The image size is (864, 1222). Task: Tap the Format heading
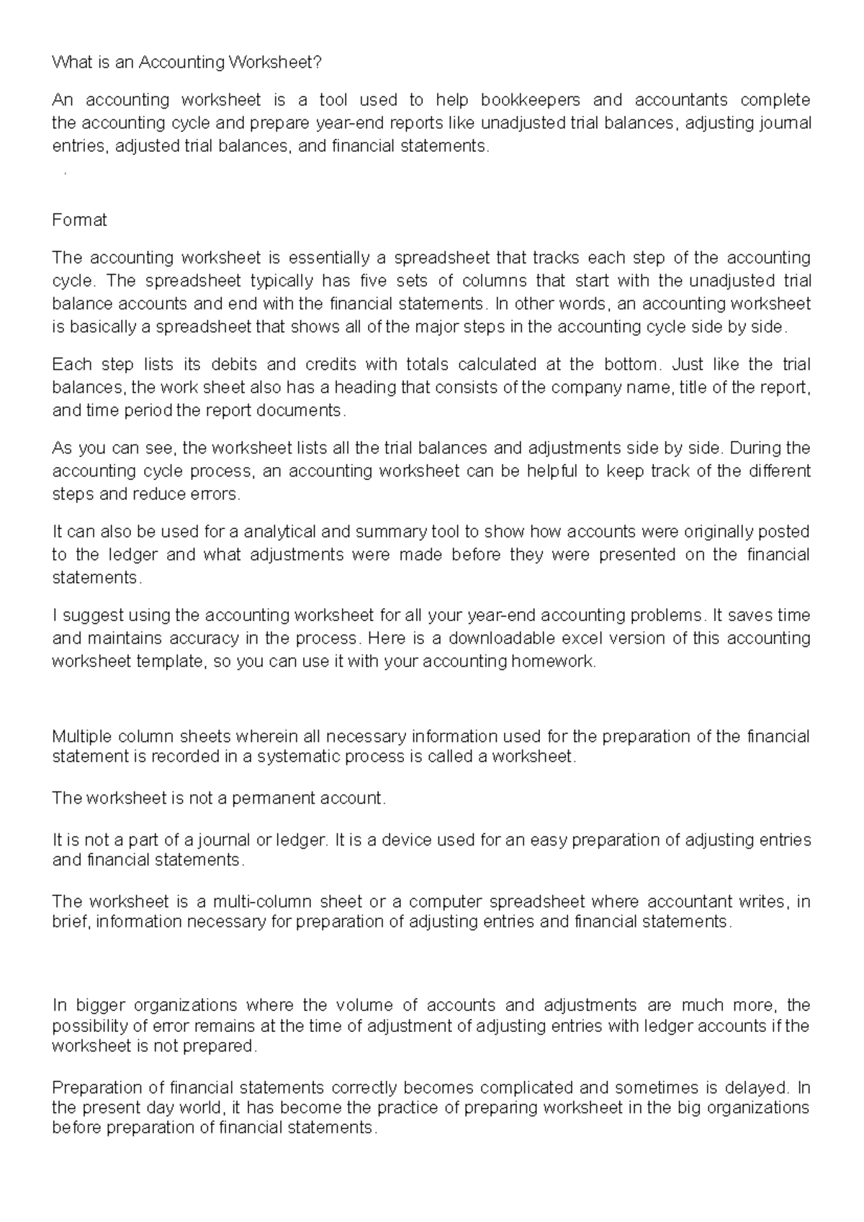(x=79, y=220)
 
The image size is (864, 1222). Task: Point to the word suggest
(x=86, y=615)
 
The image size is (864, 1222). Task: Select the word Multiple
(x=81, y=736)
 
